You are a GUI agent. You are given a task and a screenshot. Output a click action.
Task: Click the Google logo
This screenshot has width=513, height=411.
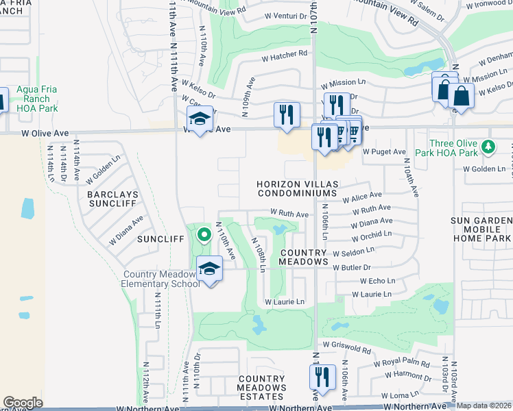click(23, 403)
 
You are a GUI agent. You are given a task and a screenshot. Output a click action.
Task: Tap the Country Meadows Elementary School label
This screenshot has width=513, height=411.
click(162, 279)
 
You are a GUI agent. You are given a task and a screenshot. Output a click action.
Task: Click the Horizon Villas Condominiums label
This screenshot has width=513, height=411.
click(297, 188)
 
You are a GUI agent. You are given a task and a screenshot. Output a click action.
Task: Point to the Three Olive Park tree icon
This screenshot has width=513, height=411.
click(488, 147)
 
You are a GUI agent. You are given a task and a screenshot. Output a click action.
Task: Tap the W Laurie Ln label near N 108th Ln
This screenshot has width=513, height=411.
click(284, 301)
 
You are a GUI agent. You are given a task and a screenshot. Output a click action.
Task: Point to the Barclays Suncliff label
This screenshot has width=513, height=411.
click(113, 199)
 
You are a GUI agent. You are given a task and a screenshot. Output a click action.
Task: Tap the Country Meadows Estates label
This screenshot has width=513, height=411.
click(262, 388)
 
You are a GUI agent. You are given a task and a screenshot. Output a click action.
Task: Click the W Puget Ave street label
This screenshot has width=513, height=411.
click(380, 151)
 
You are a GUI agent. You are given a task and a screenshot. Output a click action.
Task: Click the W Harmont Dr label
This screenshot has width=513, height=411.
click(407, 375)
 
